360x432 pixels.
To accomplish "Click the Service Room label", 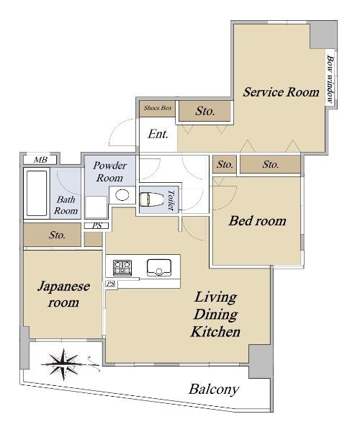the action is click(x=281, y=92).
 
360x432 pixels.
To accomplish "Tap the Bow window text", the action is click(x=330, y=79).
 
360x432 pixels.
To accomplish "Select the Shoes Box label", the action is click(x=158, y=108).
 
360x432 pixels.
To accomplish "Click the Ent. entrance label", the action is click(x=158, y=135).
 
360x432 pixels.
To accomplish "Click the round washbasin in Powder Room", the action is click(x=122, y=195).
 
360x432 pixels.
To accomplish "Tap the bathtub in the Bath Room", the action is click(x=36, y=193).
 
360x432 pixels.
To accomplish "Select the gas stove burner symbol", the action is click(x=122, y=268).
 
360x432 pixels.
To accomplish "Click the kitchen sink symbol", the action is click(x=159, y=268).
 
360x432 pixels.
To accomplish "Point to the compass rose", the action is click(x=64, y=364).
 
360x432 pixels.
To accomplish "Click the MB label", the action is click(x=40, y=160).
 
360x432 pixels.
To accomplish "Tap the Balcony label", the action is click(x=214, y=390).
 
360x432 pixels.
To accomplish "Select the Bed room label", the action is click(x=257, y=221).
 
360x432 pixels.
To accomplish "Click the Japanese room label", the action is click(x=63, y=294).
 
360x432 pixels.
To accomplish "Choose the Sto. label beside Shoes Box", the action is click(x=205, y=111).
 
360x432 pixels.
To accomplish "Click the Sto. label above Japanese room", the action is click(x=57, y=235).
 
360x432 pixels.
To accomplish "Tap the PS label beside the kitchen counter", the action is click(x=111, y=284).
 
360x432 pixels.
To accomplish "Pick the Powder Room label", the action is click(x=109, y=171).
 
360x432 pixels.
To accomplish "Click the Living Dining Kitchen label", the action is click(x=216, y=315).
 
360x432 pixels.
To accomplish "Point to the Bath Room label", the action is click(x=66, y=205).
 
